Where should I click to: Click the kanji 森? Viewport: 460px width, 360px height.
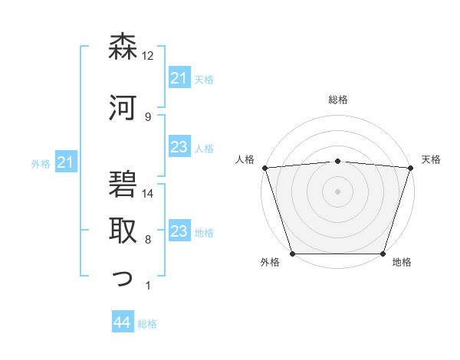click(x=123, y=47)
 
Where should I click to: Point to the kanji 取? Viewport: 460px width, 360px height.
click(x=123, y=229)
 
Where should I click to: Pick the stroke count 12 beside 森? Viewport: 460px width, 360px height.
click(x=148, y=56)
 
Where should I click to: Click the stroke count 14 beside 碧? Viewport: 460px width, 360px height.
click(x=149, y=194)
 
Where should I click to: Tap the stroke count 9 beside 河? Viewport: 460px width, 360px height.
click(x=148, y=116)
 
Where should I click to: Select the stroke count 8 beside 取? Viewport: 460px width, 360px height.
click(x=148, y=240)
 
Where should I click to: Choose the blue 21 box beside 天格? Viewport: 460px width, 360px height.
click(x=179, y=79)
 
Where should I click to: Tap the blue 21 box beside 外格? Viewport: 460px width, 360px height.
click(x=66, y=162)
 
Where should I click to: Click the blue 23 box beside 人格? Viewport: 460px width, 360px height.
click(x=179, y=148)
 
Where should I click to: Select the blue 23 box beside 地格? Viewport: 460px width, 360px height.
click(x=179, y=232)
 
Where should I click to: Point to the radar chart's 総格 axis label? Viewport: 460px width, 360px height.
click(x=337, y=100)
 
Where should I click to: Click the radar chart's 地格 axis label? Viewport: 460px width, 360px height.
click(x=402, y=263)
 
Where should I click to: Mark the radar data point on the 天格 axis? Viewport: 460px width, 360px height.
click(x=410, y=168)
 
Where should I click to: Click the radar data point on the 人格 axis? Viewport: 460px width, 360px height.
click(x=264, y=168)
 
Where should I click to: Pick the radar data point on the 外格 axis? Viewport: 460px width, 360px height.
click(x=292, y=253)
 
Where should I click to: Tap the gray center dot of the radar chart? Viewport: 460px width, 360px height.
click(x=337, y=191)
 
